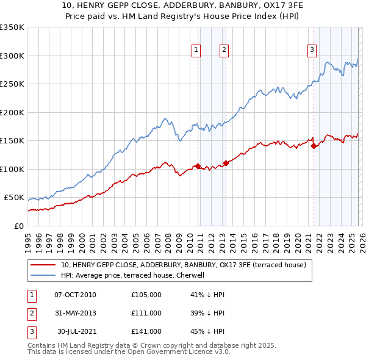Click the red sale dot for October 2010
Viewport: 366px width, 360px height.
198,166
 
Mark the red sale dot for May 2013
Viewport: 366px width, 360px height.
226,163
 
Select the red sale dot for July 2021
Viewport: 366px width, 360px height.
314,146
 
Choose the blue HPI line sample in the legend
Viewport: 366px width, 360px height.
43,275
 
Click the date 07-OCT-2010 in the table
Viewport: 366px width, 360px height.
75,295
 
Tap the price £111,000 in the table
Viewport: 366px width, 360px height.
146,313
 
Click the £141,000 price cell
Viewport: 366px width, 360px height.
146,331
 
